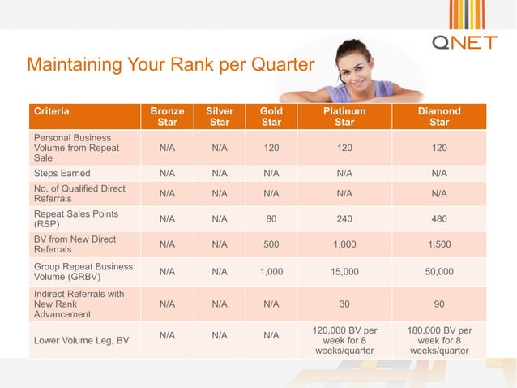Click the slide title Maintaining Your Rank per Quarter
pyautogui.click(x=169, y=65)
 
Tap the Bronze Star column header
pyautogui.click(x=167, y=117)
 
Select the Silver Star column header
pyautogui.click(x=220, y=117)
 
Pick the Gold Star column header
pyautogui.click(x=271, y=117)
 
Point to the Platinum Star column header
pyautogui.click(x=344, y=117)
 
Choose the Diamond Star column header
pyautogui.click(x=439, y=117)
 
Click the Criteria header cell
pyautogui.click(x=51, y=111)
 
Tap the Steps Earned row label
pyautogui.click(x=62, y=173)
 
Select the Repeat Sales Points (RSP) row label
pyautogui.click(x=75, y=219)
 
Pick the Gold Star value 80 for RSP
pyautogui.click(x=271, y=219)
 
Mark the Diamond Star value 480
pyautogui.click(x=439, y=219)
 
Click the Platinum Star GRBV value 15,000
pyautogui.click(x=344, y=272)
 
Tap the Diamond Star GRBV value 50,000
pyautogui.click(x=439, y=272)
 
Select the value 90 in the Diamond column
pyautogui.click(x=439, y=304)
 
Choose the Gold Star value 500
pyautogui.click(x=271, y=244)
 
